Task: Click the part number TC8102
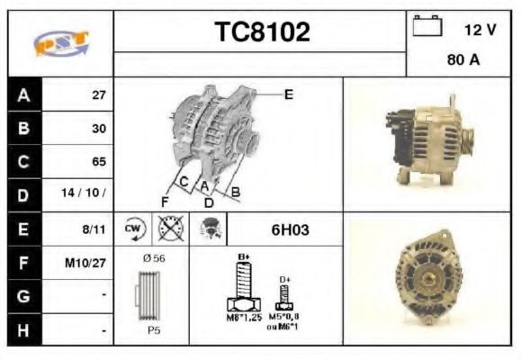(260, 32)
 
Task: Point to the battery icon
(426, 27)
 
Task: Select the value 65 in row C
(99, 162)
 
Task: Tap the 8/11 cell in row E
(94, 229)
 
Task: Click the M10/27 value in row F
(88, 264)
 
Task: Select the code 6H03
(290, 229)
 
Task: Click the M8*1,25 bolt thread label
(243, 318)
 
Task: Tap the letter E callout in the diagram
(288, 93)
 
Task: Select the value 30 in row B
(99, 128)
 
